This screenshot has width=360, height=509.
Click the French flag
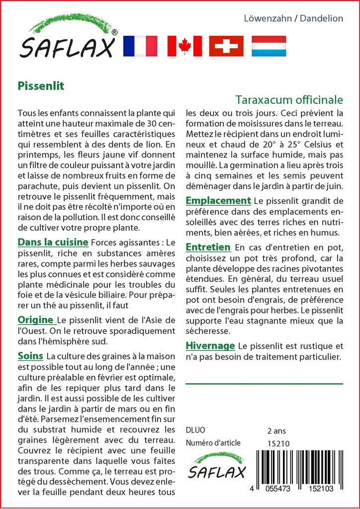[x=140, y=46]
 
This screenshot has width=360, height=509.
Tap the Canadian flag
[x=184, y=46]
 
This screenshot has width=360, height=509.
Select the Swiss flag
[x=226, y=46]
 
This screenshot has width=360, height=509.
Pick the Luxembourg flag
[x=269, y=46]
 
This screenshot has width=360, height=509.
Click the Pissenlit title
[x=41, y=85]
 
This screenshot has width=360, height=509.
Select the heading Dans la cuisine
[x=53, y=243]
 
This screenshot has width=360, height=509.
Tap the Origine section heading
[x=35, y=319]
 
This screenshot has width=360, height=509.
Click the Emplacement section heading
[x=218, y=201]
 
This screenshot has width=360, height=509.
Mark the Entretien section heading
[x=208, y=247]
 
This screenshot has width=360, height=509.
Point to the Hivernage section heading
[x=210, y=345]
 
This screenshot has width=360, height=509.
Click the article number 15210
[x=278, y=443]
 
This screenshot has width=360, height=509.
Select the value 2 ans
[x=276, y=430]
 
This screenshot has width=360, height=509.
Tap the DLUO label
[x=195, y=430]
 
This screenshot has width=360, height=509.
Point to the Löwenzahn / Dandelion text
[x=293, y=18]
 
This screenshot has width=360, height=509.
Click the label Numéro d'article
[x=213, y=443]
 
